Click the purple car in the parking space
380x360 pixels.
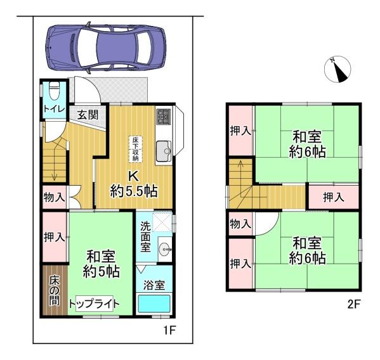(x=106, y=48)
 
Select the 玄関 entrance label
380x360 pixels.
(x=88, y=115)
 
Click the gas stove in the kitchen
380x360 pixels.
(x=164, y=117)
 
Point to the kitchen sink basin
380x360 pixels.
(x=164, y=151)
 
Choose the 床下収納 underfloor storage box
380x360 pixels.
(x=135, y=149)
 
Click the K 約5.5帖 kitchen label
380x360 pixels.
(x=134, y=184)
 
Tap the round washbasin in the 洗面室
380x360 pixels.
(x=165, y=249)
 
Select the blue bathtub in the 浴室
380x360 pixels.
(x=154, y=304)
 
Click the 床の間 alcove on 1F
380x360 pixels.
(x=55, y=290)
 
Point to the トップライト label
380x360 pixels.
(x=95, y=304)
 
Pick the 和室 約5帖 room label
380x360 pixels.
(x=101, y=264)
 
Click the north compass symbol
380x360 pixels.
(x=337, y=70)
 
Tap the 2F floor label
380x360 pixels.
(x=355, y=304)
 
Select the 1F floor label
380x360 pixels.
(x=169, y=330)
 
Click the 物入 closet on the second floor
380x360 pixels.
(x=240, y=224)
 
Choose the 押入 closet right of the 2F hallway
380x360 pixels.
(x=334, y=197)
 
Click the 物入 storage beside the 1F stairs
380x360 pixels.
(x=55, y=197)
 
